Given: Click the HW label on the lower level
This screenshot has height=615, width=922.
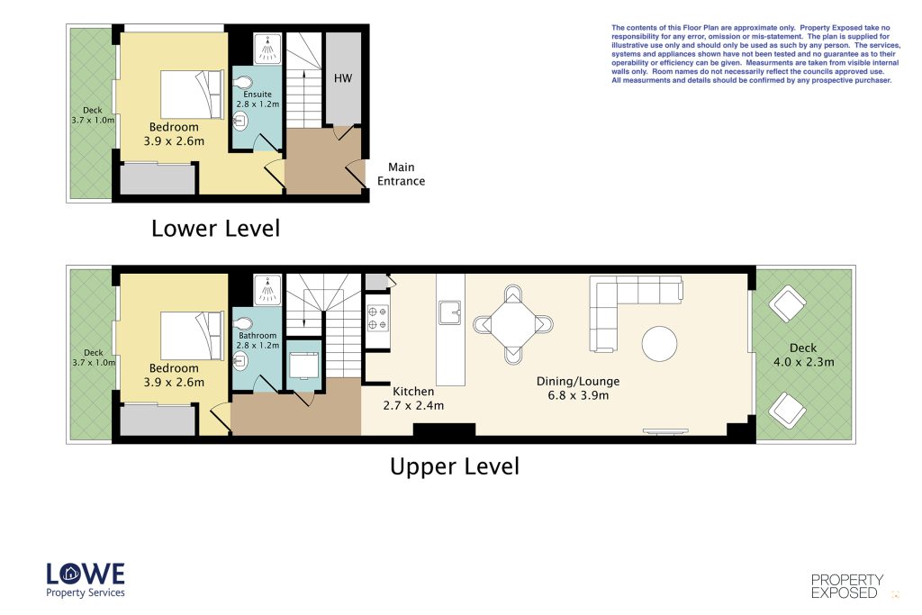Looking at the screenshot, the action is point(343,78).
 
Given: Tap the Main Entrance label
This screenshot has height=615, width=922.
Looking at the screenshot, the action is point(401,174).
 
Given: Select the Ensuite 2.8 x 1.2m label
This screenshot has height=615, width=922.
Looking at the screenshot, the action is point(258,99).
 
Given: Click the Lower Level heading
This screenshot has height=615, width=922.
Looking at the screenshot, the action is point(216,228).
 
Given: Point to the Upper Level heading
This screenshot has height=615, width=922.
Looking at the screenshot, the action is point(455,466).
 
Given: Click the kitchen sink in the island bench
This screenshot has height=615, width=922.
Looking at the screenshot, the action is point(450,312).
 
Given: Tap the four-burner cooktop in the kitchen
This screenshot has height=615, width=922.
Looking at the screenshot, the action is point(377,318).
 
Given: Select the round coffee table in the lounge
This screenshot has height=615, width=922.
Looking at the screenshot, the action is point(659,343).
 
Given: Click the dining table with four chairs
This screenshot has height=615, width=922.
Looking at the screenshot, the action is point(512,324).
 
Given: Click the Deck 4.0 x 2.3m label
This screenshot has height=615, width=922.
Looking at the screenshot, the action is point(803,355).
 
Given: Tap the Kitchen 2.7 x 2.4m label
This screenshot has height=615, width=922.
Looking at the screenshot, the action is point(413,398).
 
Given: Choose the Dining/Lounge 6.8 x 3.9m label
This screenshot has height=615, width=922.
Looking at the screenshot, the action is point(578,388).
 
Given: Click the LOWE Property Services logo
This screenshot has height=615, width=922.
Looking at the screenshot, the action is point(86,580).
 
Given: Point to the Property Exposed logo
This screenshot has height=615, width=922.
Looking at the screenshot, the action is point(847,586).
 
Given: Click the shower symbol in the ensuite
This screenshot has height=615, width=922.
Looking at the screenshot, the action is point(267,49).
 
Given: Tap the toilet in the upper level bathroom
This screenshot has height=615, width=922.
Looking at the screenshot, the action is point(242,324).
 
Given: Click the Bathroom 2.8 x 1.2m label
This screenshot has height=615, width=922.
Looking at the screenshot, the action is point(258,339).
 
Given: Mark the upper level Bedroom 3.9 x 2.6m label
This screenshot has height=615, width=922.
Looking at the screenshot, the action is point(174,375).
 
